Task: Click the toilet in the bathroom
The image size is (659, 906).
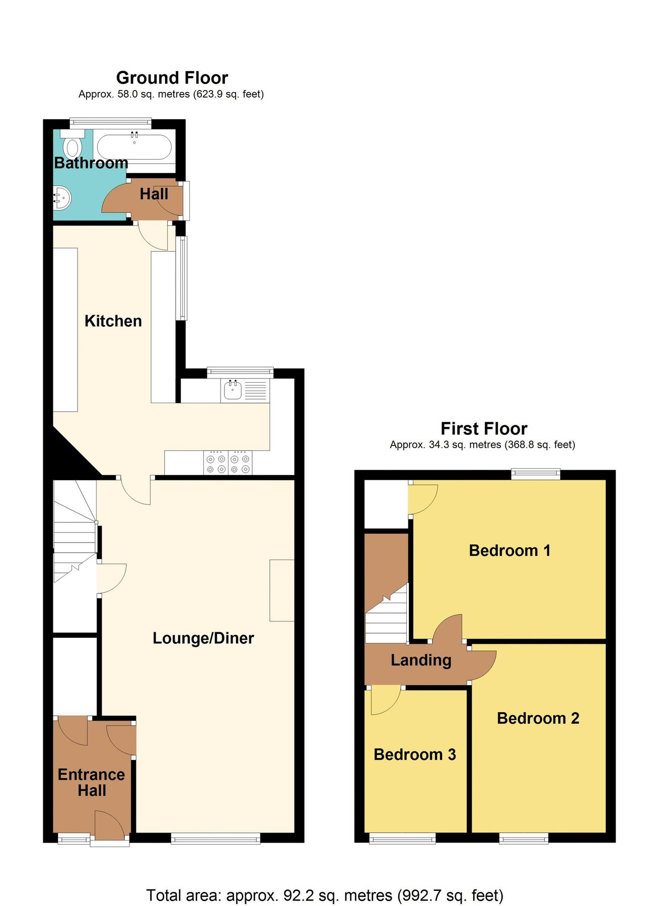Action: coord(72,146)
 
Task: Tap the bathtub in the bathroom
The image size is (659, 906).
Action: coord(134,147)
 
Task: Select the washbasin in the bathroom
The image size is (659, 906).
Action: coord(62,198)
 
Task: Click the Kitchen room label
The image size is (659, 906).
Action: coord(113,321)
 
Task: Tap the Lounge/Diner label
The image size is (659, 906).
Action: coord(203,638)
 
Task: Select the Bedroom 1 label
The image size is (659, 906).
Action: coord(509,551)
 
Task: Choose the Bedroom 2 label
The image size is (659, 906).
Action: coord(538,718)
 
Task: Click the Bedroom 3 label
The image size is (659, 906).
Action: coord(415,754)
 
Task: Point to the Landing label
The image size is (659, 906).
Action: coord(421,660)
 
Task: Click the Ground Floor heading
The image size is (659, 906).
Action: coord(172,78)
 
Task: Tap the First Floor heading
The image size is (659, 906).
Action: coord(484,429)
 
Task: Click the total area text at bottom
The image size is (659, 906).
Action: coord(325,895)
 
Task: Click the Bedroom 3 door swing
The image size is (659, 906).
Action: coord(385,701)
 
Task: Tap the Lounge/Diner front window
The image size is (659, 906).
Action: coord(215,838)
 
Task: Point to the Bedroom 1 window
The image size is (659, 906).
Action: coord(536,474)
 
